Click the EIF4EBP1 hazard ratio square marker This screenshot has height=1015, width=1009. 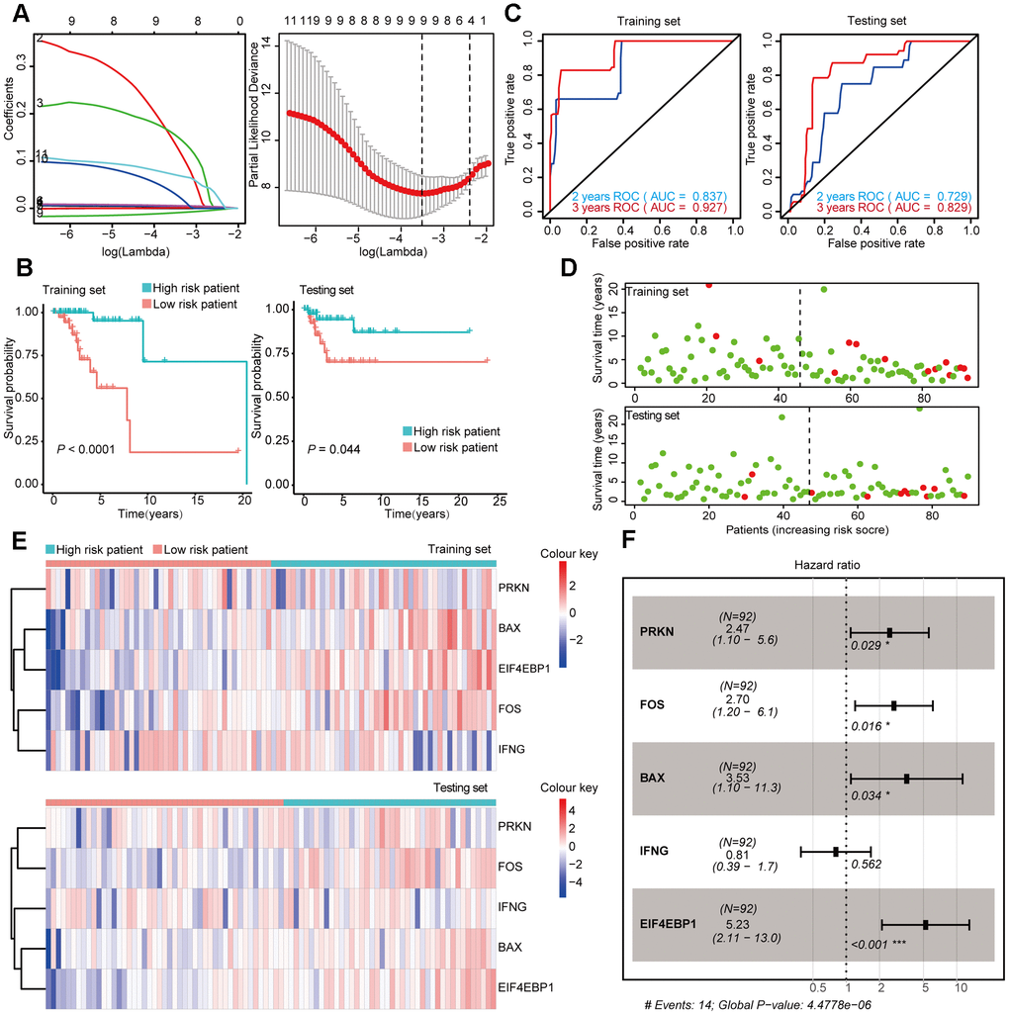click(925, 925)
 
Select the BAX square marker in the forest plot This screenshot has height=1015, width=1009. click(906, 779)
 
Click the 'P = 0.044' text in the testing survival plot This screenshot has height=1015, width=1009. click(336, 450)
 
